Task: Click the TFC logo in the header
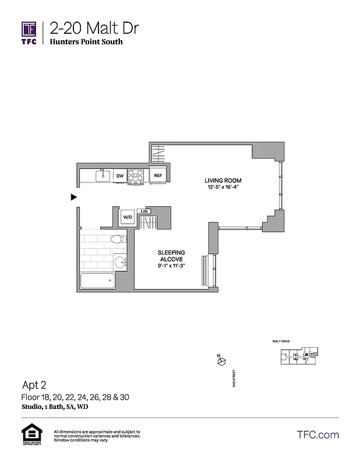click(x=29, y=32)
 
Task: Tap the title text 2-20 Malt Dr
click(x=94, y=28)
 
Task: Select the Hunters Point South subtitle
click(x=86, y=43)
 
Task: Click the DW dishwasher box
click(x=119, y=175)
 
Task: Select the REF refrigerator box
click(x=157, y=175)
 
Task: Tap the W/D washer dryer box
click(x=127, y=218)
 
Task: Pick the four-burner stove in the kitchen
click(x=136, y=175)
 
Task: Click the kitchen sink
click(x=103, y=174)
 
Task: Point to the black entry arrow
click(x=73, y=197)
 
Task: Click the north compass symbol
click(x=220, y=361)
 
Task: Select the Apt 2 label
click(x=34, y=385)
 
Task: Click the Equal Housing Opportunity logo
click(x=29, y=436)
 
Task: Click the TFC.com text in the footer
click(x=317, y=435)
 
